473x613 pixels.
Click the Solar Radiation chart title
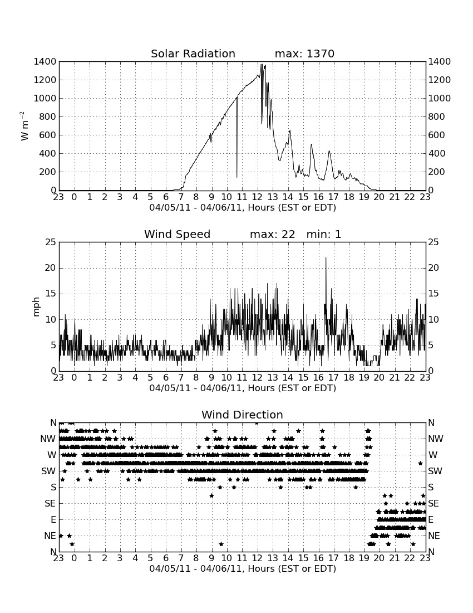(x=193, y=53)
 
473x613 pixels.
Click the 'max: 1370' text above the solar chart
(x=304, y=53)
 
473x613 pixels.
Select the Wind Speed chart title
(x=177, y=234)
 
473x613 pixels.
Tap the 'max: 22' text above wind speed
(x=273, y=234)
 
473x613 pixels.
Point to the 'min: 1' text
(x=323, y=234)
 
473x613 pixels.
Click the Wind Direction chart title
(x=242, y=415)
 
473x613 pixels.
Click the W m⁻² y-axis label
(x=24, y=126)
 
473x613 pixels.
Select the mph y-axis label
(x=36, y=307)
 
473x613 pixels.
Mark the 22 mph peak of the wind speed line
(x=326, y=257)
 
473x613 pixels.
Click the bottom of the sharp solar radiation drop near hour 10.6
(x=237, y=177)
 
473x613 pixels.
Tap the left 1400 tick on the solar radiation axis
(x=45, y=62)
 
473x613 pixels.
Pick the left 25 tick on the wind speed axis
(x=51, y=242)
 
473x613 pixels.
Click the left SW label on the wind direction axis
(x=49, y=471)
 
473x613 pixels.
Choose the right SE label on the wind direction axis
(x=433, y=504)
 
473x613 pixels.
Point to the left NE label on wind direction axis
(x=50, y=536)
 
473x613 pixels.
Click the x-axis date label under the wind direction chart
(x=243, y=568)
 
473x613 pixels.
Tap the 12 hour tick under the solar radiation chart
(x=257, y=197)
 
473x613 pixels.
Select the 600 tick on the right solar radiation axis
(x=437, y=135)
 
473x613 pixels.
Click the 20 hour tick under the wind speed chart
(x=380, y=377)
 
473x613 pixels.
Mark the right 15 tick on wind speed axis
(x=433, y=294)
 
